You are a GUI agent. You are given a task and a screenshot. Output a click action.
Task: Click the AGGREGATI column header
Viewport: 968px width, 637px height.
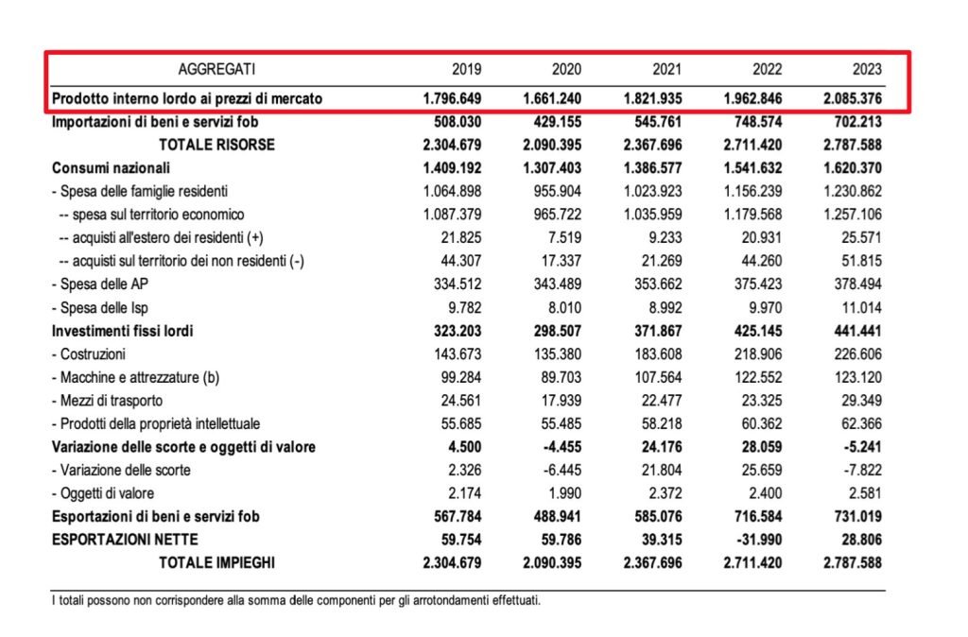(216, 69)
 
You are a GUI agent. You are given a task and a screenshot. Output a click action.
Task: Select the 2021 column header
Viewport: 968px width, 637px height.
(666, 69)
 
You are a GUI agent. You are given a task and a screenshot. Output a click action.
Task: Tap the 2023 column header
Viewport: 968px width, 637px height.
(866, 69)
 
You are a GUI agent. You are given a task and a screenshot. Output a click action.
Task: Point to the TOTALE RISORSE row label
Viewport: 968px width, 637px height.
(216, 145)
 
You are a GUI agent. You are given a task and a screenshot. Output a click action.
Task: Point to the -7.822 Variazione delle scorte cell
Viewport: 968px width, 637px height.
(860, 470)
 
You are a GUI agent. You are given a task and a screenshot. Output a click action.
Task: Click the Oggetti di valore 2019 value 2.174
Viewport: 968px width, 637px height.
(462, 493)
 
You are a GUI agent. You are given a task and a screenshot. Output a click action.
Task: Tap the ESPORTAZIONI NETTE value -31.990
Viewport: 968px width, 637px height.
(753, 540)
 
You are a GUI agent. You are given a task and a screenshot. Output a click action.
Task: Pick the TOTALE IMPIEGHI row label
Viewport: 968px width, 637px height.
(216, 563)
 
